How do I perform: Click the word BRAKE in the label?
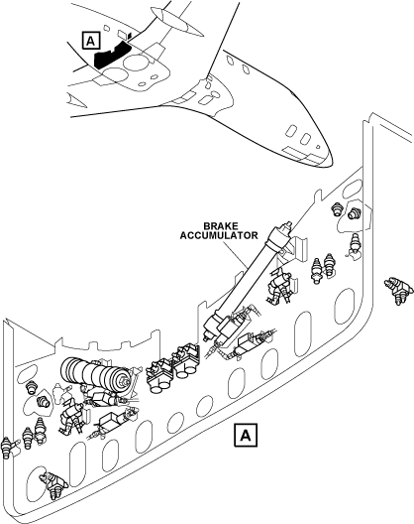coord(219,226)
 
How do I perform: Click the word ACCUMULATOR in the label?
coord(219,235)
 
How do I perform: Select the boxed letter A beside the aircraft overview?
coord(90,41)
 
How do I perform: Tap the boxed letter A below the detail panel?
coord(246,436)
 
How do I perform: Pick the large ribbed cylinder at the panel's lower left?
coord(95,376)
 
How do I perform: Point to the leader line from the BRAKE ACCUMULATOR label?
coord(235,254)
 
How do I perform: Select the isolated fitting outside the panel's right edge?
coord(397,290)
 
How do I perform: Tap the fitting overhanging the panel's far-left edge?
coord(7,448)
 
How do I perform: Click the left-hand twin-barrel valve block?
coord(159,375)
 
